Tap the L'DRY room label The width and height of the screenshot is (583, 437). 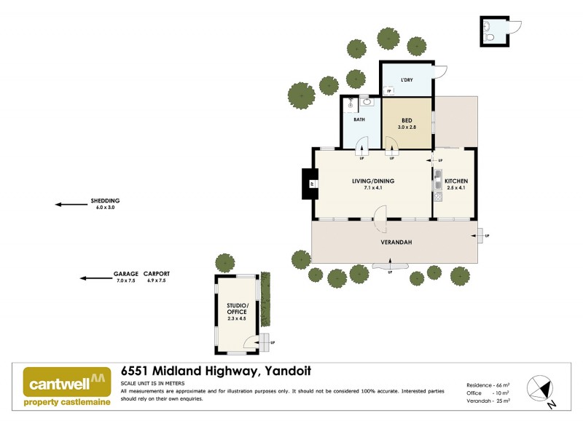tap(407, 80)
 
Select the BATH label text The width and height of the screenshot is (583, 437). tap(359, 120)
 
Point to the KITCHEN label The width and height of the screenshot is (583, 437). tap(455, 181)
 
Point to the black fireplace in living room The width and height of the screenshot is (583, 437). tap(310, 184)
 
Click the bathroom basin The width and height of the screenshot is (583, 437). tap(367, 103)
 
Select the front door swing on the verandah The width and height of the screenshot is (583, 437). tap(380, 213)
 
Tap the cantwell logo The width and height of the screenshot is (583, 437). tap(67, 386)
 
